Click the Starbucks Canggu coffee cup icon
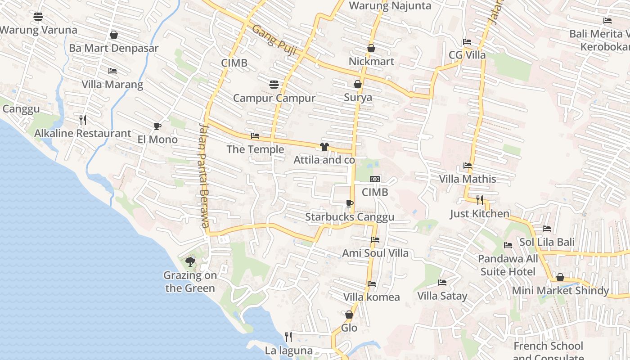pyautogui.click(x=350, y=203)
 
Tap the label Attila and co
pyautogui.click(x=324, y=160)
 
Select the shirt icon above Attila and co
pyautogui.click(x=324, y=146)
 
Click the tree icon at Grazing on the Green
pyautogui.click(x=190, y=261)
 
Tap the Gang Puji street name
pyautogui.click(x=274, y=40)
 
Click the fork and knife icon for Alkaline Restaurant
pyautogui.click(x=82, y=120)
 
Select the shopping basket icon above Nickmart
pyautogui.click(x=371, y=48)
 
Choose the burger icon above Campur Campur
pyautogui.click(x=274, y=84)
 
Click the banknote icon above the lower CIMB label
pyautogui.click(x=375, y=179)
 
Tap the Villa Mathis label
pyautogui.click(x=468, y=179)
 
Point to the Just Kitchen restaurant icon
pyautogui.click(x=480, y=200)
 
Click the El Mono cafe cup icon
pyautogui.click(x=157, y=126)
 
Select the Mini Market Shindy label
pyautogui.click(x=560, y=290)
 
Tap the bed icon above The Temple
pyautogui.click(x=255, y=135)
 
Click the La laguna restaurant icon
pyautogui.click(x=288, y=337)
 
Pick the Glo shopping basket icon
pyautogui.click(x=349, y=315)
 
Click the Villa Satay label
pyautogui.click(x=442, y=296)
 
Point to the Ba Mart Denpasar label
pyautogui.click(x=114, y=48)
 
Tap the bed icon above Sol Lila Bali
pyautogui.click(x=547, y=229)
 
